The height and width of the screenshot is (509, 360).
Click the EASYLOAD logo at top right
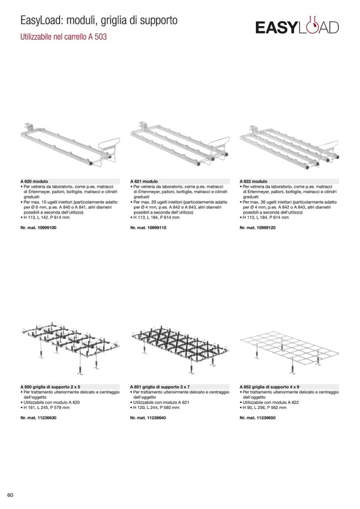(297, 25)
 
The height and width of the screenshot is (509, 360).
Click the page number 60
(11, 495)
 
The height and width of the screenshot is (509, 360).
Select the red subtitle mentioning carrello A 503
(64, 37)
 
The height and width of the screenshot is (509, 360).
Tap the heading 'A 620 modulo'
(34, 181)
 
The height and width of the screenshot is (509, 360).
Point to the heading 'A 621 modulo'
(144, 181)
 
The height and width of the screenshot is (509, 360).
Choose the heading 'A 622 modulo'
(253, 181)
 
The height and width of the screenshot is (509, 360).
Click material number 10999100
(38, 228)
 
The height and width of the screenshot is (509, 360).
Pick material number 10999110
(148, 228)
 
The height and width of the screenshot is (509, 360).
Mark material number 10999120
(258, 228)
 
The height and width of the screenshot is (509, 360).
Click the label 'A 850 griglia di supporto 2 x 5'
(50, 387)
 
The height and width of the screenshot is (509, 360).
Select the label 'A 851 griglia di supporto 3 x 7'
(160, 387)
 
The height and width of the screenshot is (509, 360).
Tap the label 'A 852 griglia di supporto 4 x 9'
(270, 387)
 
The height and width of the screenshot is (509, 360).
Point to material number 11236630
(38, 418)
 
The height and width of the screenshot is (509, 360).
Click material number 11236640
(148, 418)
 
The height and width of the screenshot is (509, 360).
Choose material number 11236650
(258, 418)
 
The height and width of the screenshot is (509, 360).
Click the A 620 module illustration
(70, 144)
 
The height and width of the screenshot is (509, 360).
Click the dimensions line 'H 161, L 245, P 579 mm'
(45, 408)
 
